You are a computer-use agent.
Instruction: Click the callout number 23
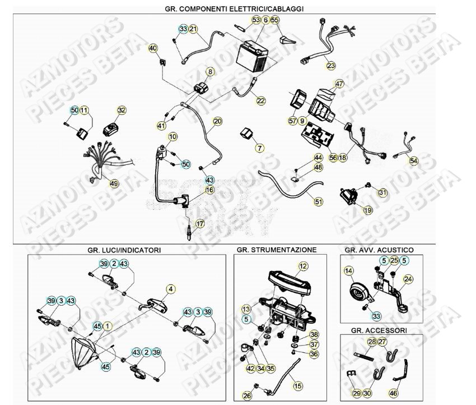331,66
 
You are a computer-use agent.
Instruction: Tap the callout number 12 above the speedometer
303,266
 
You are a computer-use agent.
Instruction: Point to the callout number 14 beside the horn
349,271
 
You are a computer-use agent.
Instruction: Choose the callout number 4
170,289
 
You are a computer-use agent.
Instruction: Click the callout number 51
318,201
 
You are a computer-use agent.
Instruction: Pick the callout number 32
122,111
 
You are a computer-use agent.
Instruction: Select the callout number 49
114,183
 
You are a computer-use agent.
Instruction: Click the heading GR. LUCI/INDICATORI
127,249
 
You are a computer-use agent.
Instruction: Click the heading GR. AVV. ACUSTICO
379,249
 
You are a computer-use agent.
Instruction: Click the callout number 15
297,386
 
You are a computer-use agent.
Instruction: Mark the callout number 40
153,48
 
